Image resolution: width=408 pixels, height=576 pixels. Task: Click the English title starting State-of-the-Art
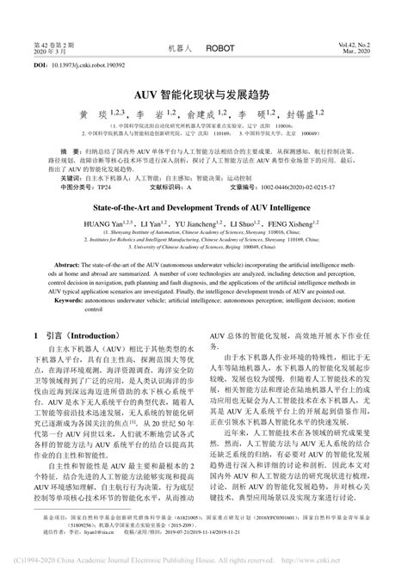204,207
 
